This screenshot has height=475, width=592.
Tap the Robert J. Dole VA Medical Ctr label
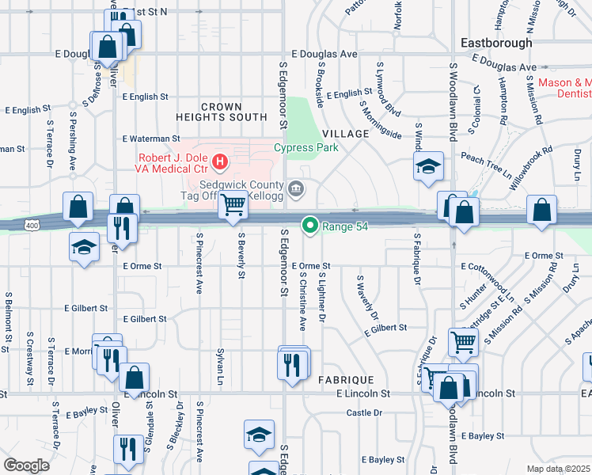[x=173, y=164]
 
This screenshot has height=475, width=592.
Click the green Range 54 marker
[x=310, y=226]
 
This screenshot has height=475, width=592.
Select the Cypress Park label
[x=306, y=147]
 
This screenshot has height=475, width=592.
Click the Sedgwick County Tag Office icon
[x=297, y=188]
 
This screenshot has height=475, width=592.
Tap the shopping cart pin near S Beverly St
[x=233, y=205]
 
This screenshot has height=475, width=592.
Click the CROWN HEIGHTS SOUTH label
[x=233, y=112]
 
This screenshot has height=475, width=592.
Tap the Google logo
[x=25, y=465]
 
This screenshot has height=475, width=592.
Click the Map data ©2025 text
[x=558, y=469]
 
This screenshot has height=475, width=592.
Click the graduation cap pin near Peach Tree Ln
[x=428, y=166]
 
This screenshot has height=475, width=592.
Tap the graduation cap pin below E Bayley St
[x=259, y=435]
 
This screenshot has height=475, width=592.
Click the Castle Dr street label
[x=364, y=412]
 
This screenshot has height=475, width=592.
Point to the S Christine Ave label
[x=302, y=302]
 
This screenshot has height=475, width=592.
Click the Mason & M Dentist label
[x=564, y=88]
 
